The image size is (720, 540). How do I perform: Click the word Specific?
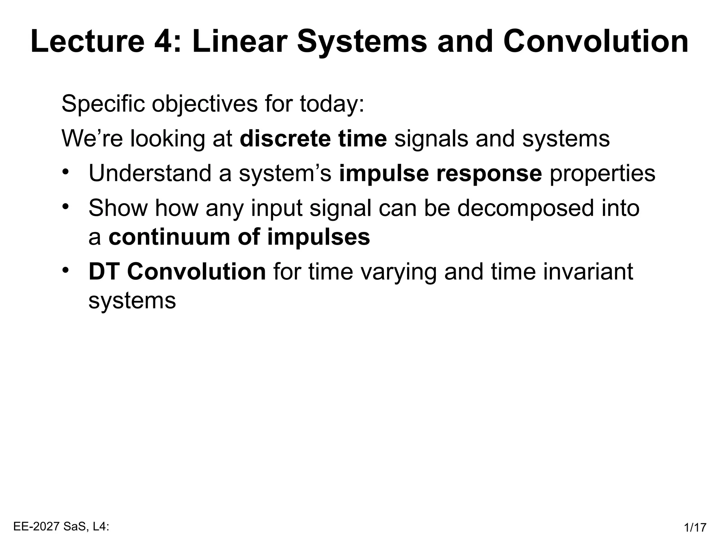pos(103,104)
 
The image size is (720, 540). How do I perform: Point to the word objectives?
pos(204,104)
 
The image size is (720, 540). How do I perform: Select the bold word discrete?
pos(285,138)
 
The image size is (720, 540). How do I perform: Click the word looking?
pos(168,138)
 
